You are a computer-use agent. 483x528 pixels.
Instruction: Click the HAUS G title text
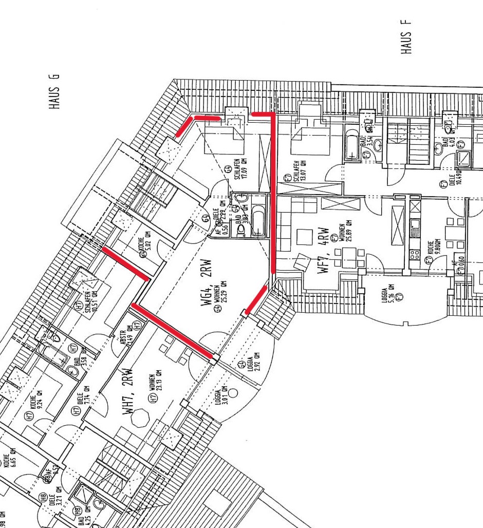pos(54,91)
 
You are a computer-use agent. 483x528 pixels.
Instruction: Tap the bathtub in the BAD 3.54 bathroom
pos(352,145)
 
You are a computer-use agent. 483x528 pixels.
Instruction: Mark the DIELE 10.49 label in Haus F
pos(454,177)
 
